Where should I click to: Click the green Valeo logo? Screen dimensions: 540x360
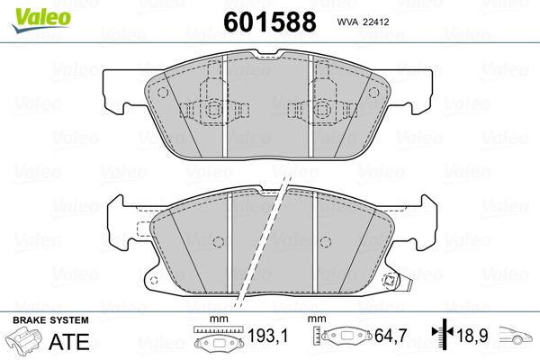point(41,20)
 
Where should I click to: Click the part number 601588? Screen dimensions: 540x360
point(270,22)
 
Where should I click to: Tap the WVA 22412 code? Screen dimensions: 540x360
point(363,22)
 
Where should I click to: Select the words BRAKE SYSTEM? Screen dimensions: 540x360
point(50,320)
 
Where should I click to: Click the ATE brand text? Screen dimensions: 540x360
point(69,341)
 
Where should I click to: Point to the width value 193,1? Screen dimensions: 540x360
point(267,336)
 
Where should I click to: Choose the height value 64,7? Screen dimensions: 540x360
point(391,336)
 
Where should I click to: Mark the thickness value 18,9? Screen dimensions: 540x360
point(472,336)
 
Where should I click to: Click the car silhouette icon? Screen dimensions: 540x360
point(516,335)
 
